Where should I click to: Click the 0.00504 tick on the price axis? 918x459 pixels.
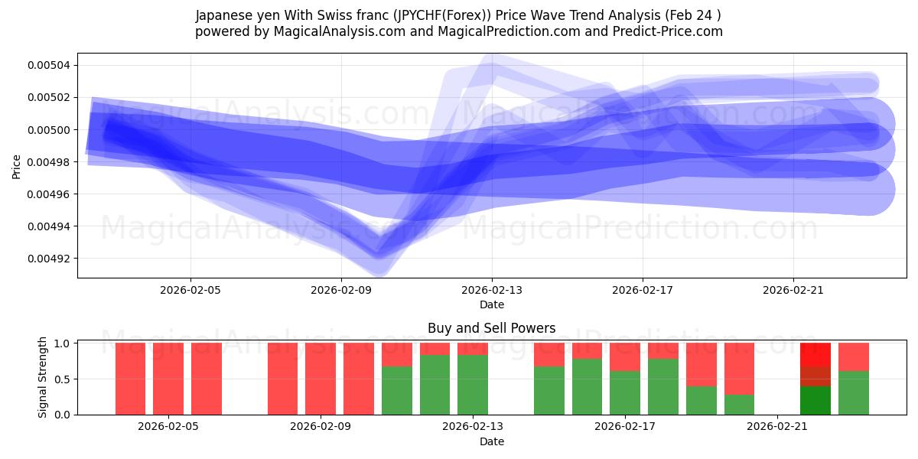[48, 65]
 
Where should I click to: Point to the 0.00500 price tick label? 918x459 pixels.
[48, 130]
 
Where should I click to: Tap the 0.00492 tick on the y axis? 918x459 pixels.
[48, 259]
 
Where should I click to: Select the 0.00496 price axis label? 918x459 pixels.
[48, 194]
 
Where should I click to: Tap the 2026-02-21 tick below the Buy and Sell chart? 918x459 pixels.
[777, 427]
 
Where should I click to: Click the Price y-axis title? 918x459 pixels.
[17, 166]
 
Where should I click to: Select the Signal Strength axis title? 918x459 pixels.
[44, 377]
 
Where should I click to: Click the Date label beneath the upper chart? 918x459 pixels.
[492, 304]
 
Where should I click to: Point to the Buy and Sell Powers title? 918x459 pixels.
[492, 328]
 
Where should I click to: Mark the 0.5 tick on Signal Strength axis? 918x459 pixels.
[63, 379]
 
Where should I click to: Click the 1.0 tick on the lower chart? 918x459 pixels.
[63, 343]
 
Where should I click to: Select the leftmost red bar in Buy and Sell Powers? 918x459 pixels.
[130, 379]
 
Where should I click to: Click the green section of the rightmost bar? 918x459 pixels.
[854, 393]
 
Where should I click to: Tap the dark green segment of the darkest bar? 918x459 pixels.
[815, 401]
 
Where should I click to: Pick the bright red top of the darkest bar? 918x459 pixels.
[815, 354]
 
